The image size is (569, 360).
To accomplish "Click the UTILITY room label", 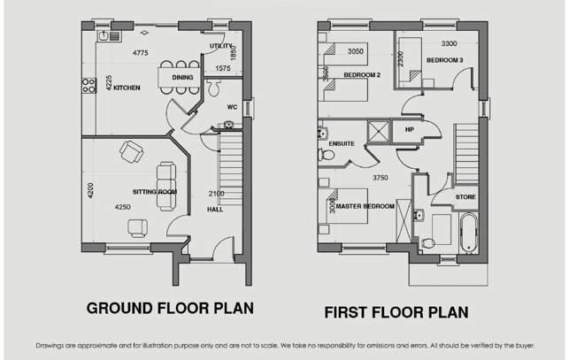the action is [x=220, y=46].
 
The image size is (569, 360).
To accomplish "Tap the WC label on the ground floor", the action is [x=232, y=107].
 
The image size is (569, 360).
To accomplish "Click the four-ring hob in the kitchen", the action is [x=88, y=86].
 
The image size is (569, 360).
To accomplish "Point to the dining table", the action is [x=179, y=77].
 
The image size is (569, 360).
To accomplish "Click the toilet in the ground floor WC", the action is [x=214, y=88].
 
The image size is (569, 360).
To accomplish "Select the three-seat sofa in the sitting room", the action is [x=166, y=186].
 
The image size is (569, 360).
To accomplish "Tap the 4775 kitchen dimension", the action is [x=141, y=53].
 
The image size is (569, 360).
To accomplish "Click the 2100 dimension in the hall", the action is [x=216, y=194].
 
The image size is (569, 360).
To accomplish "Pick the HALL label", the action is [x=215, y=210].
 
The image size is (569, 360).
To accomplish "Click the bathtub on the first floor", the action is [x=468, y=233].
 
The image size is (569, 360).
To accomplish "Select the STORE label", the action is [x=465, y=197].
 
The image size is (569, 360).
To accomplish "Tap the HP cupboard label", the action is [x=410, y=129].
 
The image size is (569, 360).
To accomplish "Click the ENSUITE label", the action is [x=342, y=143].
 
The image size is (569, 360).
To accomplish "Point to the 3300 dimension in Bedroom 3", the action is [x=450, y=43].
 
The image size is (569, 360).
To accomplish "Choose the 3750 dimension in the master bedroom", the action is [x=381, y=178].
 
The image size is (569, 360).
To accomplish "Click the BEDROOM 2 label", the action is [x=362, y=75].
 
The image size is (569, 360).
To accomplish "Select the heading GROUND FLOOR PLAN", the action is [x=170, y=308].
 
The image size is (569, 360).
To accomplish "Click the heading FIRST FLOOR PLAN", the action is [x=396, y=312].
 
